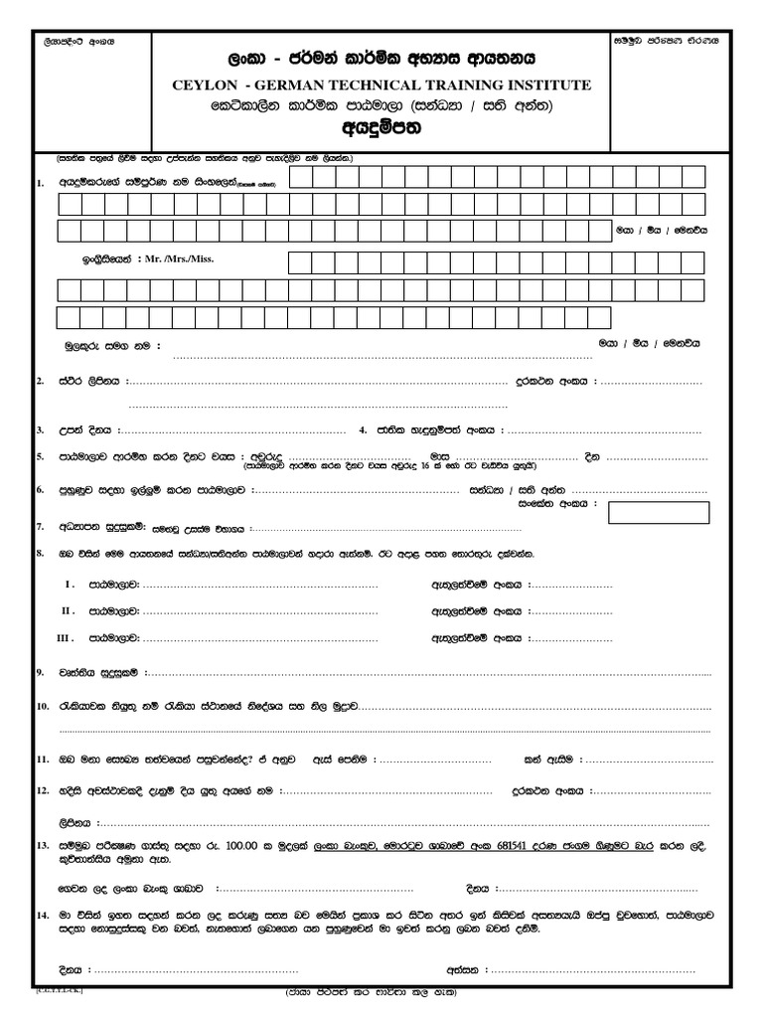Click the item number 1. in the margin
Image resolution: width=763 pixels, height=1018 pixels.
click(40, 183)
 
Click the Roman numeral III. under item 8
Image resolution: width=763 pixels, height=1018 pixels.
click(67, 636)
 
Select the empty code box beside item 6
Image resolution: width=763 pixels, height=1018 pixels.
click(660, 513)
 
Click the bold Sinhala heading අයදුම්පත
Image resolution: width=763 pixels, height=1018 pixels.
click(381, 127)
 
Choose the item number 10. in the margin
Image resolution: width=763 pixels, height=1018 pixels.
click(43, 706)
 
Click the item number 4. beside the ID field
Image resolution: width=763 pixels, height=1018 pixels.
click(365, 430)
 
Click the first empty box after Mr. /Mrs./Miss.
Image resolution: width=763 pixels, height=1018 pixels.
click(299, 262)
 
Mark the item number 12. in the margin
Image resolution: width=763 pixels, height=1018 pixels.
click(43, 791)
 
